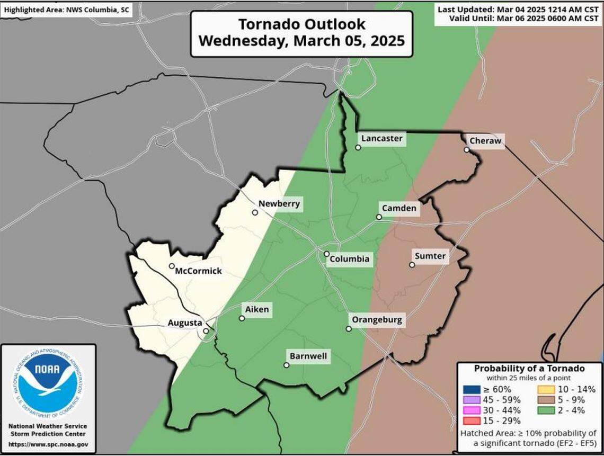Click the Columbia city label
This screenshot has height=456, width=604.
(x=349, y=260)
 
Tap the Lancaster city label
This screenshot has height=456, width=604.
(x=381, y=139)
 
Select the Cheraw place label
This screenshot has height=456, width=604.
(x=484, y=140)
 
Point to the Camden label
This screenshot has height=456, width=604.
(x=399, y=208)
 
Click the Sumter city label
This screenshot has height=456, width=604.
(x=430, y=257)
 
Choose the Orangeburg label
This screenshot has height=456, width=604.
(x=377, y=320)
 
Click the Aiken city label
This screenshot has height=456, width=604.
(x=256, y=309)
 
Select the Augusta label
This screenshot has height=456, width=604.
(x=184, y=323)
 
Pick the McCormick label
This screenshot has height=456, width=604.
(x=198, y=271)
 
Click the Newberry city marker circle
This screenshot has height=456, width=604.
(x=255, y=212)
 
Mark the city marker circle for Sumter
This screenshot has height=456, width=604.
(x=412, y=264)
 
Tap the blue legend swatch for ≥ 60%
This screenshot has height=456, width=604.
(x=469, y=389)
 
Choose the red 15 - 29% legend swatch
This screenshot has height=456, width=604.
(x=469, y=421)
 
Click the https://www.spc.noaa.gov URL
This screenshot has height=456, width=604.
(x=48, y=445)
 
